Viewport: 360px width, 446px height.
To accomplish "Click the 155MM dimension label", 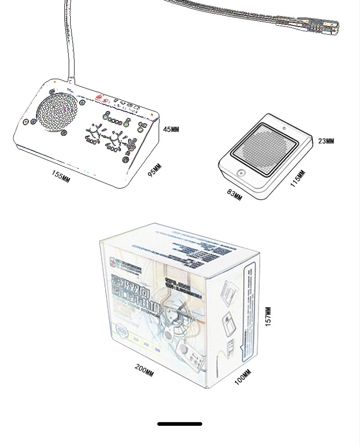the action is (61, 176).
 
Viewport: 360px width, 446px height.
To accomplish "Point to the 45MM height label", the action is (171, 130).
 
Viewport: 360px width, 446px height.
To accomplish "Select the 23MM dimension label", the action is (326, 141).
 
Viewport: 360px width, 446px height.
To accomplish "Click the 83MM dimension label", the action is (235, 194).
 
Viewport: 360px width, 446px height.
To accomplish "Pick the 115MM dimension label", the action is (298, 179).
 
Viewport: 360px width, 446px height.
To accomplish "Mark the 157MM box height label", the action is (268, 316).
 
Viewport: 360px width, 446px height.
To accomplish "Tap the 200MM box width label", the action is (144, 371).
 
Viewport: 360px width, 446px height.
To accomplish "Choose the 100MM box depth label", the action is (242, 377).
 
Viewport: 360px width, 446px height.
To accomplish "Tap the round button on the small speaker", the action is (240, 173).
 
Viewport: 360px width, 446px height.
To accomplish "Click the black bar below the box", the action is (180, 424).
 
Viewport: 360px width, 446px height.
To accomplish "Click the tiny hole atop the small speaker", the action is (284, 128).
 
